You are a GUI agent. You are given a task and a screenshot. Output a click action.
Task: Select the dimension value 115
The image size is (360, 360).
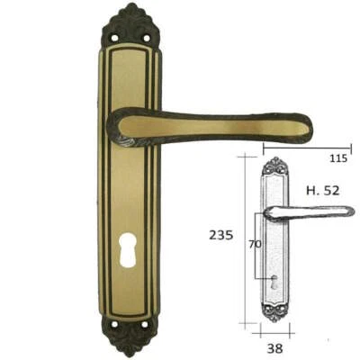coord(337,158)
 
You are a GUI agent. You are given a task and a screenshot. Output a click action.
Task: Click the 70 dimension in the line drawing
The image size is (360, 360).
coord(255,243)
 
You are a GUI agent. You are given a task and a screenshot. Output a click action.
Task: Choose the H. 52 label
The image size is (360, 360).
coord(323,191)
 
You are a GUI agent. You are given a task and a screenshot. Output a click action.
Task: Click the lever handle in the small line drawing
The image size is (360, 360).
coord(310,212)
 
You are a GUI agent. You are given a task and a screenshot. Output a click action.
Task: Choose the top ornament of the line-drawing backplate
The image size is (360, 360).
coord(274,166)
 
